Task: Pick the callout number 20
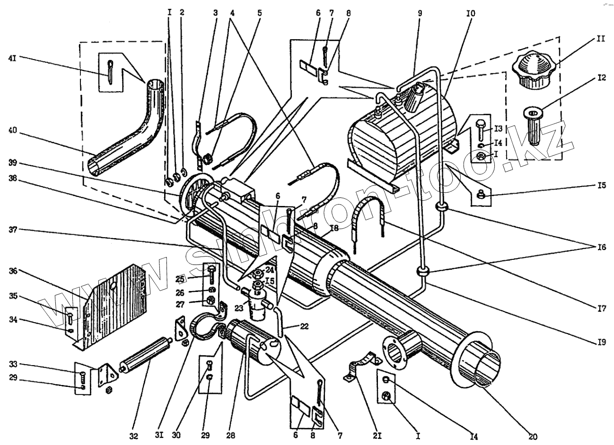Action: [533, 436]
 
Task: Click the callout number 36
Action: [13, 271]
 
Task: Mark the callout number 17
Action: [601, 310]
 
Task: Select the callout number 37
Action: [13, 231]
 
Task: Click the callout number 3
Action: [215, 13]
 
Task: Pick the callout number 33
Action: [13, 364]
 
